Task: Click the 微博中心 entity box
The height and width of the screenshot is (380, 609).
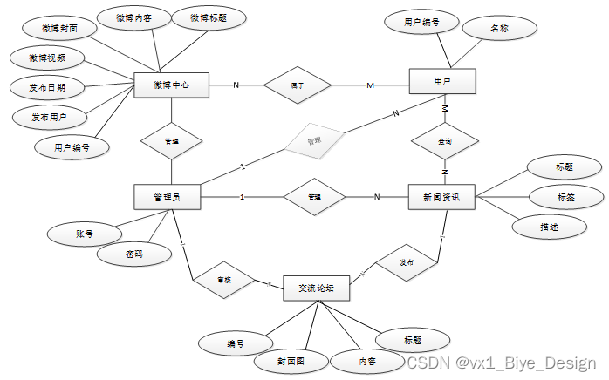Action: [171, 85]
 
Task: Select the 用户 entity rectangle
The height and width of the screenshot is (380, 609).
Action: [442, 81]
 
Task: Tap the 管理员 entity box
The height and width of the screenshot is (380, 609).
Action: [167, 197]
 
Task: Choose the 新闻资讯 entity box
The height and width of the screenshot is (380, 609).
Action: [441, 197]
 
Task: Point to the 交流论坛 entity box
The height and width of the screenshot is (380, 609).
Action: [316, 288]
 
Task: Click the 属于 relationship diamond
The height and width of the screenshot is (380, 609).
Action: [298, 85]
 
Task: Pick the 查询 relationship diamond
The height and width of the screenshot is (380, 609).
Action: [444, 139]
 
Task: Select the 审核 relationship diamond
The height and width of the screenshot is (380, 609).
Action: [223, 280]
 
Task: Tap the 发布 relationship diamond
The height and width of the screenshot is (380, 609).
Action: [406, 262]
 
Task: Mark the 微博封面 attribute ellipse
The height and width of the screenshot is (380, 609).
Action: [58, 28]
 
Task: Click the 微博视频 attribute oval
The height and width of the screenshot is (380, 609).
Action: [47, 58]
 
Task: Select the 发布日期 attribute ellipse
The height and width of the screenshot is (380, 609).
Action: [46, 87]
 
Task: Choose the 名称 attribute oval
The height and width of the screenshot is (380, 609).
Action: [498, 29]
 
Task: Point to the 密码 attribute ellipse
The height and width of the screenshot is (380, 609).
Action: [133, 254]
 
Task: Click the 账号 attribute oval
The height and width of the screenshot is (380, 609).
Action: [85, 234]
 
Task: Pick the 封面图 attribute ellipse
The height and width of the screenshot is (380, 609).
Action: [291, 360]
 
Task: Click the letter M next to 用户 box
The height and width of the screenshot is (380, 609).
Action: [371, 85]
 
